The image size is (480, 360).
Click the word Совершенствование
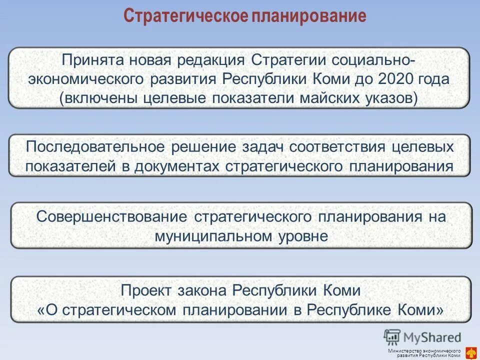point(112,217)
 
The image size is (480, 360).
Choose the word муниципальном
point(213,236)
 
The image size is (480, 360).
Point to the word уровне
point(303,236)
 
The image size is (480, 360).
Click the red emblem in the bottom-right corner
point(470,352)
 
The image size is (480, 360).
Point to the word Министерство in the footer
point(405,351)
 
